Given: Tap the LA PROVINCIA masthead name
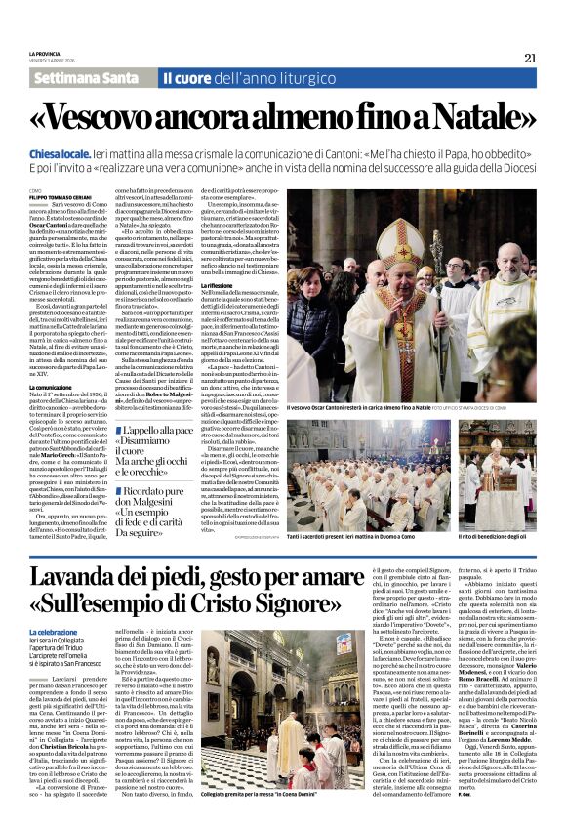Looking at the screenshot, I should (44, 53).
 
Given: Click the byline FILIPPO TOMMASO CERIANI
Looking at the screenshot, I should (59, 195).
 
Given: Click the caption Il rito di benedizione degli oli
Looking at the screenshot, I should (493, 523).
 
